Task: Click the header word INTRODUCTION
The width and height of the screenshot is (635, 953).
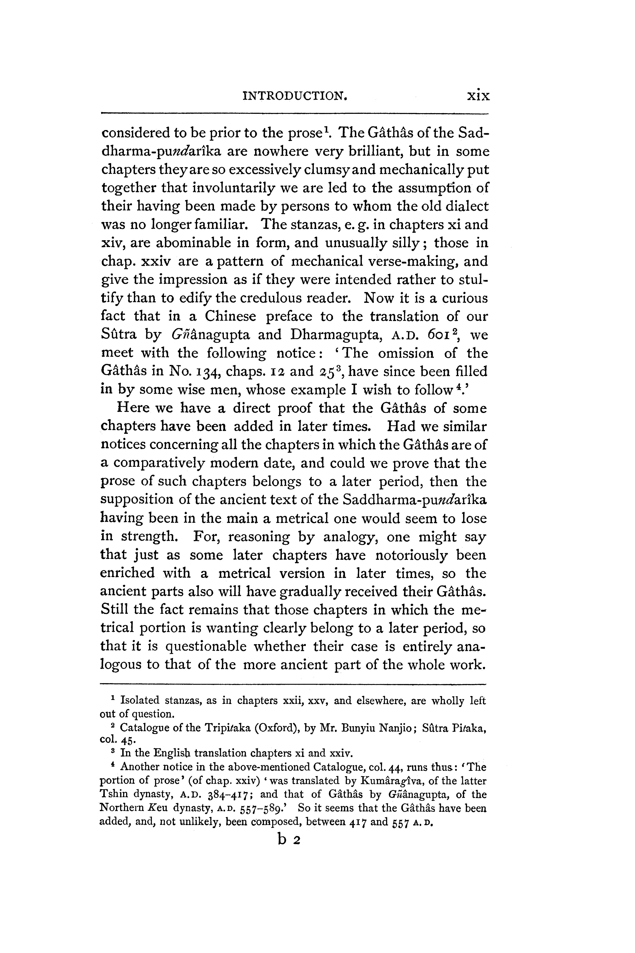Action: pyautogui.click(x=295, y=96)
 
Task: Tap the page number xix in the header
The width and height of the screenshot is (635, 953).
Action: pyautogui.click(x=478, y=96)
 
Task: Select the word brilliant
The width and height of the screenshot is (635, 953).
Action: pyautogui.click(x=370, y=152)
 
